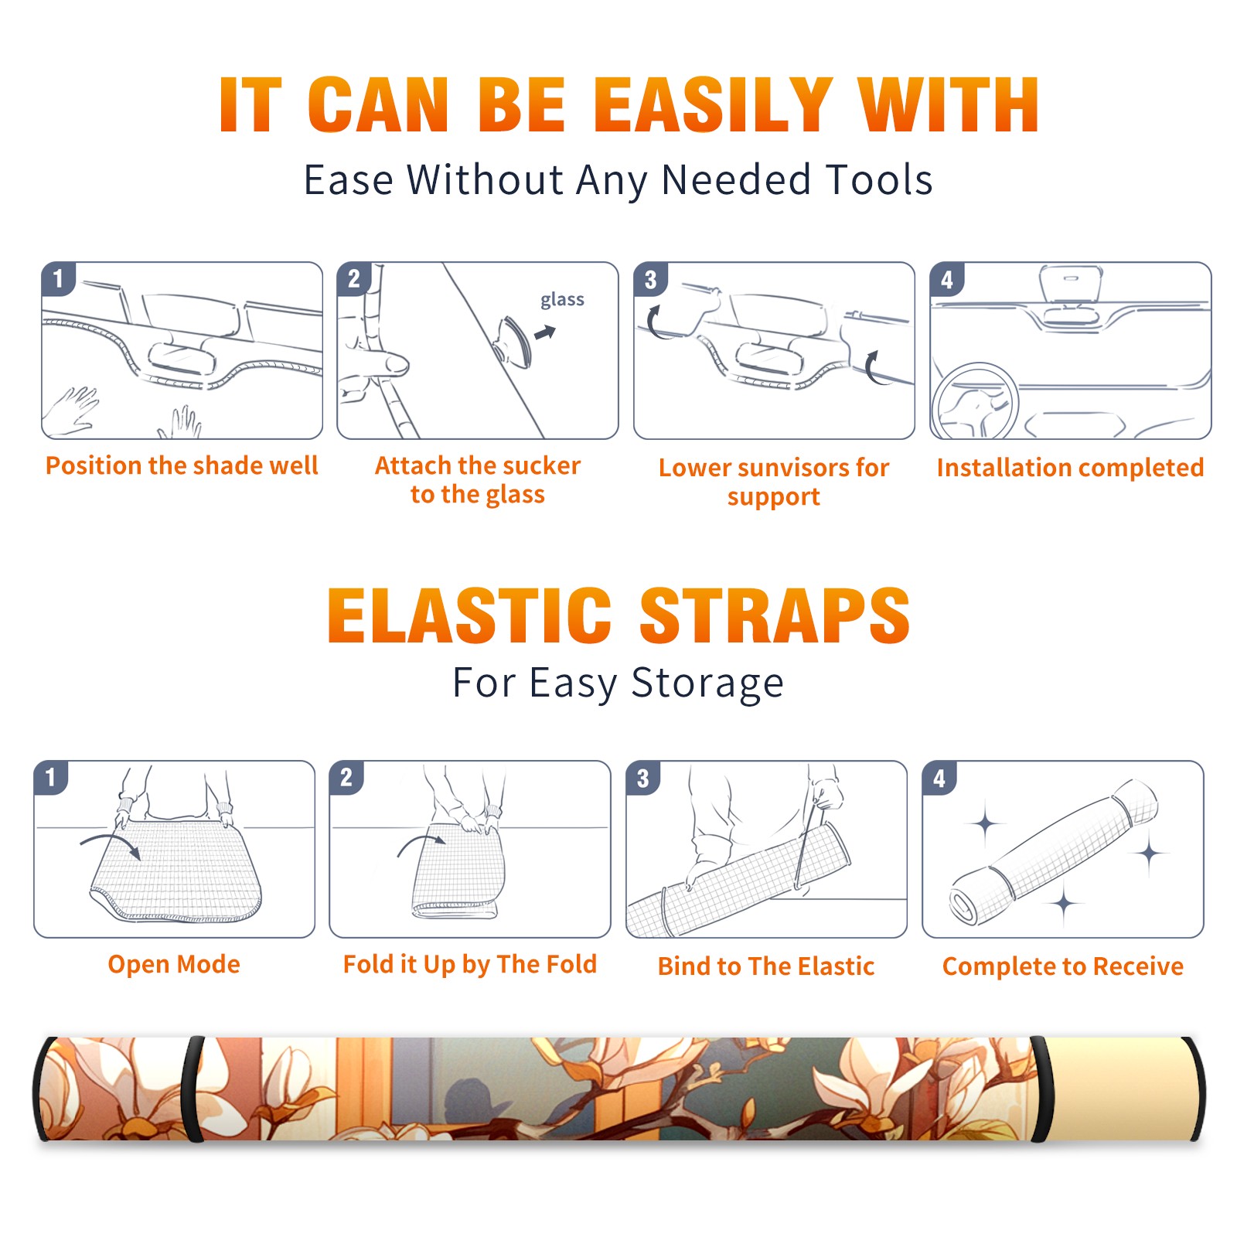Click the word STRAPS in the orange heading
click(775, 615)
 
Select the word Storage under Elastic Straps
click(707, 683)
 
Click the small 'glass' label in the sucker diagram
click(562, 300)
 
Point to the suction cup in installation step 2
click(513, 341)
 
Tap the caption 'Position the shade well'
click(182, 465)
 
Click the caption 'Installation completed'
click(1070, 468)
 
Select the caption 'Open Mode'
click(174, 964)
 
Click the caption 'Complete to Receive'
click(1063, 966)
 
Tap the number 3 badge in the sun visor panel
click(651, 280)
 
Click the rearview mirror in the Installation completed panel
click(1071, 285)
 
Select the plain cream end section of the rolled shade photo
click(1116, 1089)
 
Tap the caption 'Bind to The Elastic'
click(766, 966)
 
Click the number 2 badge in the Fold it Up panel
click(346, 778)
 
